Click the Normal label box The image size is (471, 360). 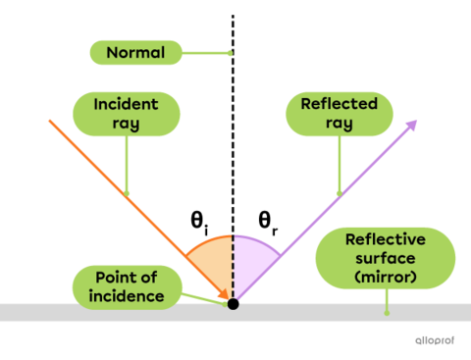[134, 53]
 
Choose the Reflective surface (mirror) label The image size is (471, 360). [386, 258]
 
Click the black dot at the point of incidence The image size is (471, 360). [233, 303]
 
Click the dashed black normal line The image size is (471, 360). [233, 265]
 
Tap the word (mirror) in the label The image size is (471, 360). [386, 280]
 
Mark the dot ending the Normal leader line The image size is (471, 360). [229, 53]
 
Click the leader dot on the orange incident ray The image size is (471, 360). [127, 193]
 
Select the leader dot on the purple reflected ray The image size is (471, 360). [339, 193]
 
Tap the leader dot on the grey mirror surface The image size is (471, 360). [387, 313]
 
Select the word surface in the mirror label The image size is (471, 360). [386, 259]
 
